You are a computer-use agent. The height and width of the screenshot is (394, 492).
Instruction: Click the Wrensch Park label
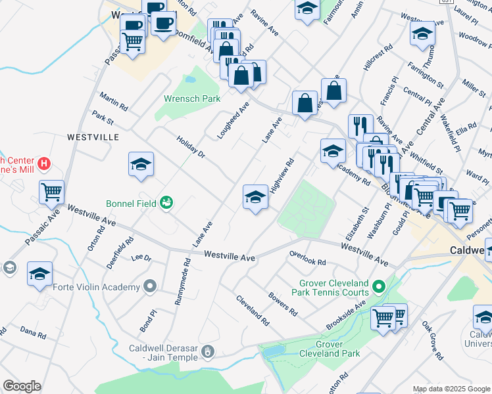click(191, 98)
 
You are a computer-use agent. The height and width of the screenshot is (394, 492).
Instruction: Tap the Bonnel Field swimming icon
click(166, 202)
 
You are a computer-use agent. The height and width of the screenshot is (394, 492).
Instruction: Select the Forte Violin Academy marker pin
click(151, 286)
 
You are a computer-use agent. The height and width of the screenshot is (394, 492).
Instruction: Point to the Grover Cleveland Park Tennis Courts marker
click(378, 286)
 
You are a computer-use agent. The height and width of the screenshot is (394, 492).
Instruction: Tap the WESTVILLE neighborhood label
click(93, 137)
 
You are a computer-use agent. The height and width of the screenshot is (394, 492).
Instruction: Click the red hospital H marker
click(44, 163)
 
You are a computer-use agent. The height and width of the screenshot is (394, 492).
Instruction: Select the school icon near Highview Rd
click(255, 196)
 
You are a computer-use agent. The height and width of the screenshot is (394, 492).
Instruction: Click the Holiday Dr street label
click(191, 147)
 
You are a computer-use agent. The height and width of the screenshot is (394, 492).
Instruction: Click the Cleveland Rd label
click(253, 311)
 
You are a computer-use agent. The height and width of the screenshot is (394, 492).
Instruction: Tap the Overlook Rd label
click(307, 257)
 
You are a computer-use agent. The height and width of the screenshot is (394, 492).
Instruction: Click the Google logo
click(22, 386)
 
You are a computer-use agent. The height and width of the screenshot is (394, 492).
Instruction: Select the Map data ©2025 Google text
click(451, 389)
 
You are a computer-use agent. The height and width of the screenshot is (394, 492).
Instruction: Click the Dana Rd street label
click(33, 333)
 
